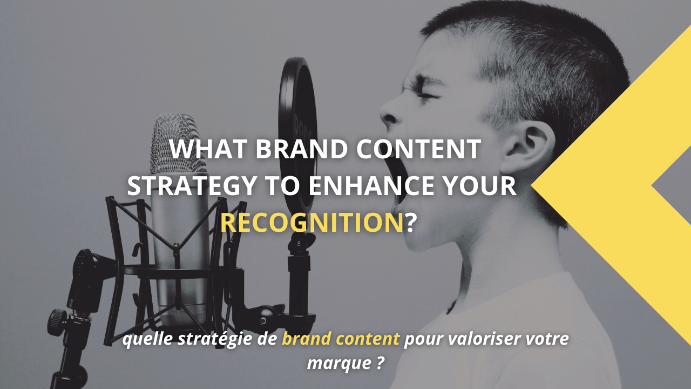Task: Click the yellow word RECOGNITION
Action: pyautogui.click(x=312, y=223)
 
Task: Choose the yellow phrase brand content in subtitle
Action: pyautogui.click(x=341, y=340)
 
